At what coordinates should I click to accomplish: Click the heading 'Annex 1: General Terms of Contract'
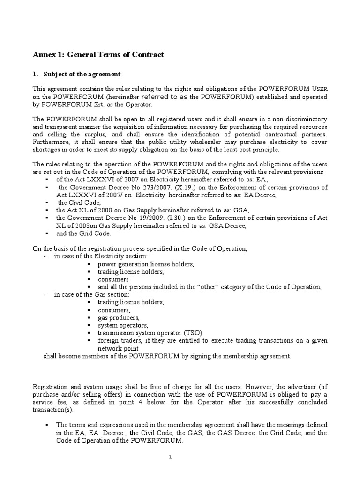pos(98,55)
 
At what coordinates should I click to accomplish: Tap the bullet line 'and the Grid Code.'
pos(83,233)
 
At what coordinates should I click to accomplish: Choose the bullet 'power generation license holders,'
pos(146,264)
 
